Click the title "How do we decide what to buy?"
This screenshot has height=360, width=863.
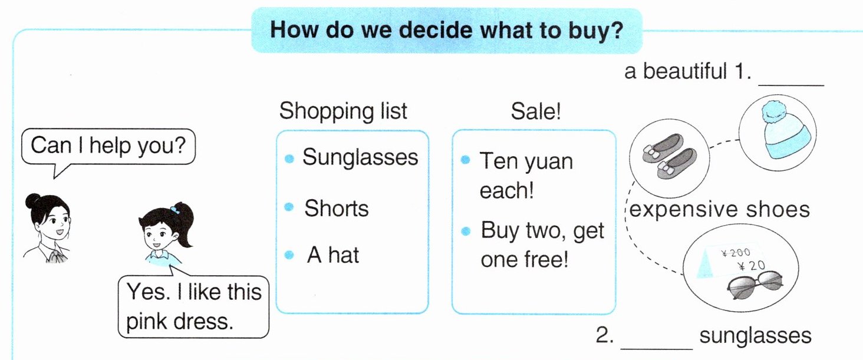446,30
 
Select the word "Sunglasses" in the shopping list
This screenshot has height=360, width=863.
360,157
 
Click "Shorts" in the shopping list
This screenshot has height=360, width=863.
337,209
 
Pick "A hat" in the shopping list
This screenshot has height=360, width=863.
333,255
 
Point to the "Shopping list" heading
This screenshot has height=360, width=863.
343,111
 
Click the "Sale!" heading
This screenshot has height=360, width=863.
535,112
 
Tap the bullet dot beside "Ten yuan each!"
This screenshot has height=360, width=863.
466,160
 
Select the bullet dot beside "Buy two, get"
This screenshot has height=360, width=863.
466,231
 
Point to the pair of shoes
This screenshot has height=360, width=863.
670,156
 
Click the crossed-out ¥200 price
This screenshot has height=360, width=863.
736,253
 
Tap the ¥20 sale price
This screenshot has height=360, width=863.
751,265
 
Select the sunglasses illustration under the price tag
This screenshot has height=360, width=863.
755,285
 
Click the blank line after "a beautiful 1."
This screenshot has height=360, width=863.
791,85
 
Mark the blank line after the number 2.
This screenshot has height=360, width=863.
657,349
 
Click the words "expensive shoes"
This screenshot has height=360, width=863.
719,209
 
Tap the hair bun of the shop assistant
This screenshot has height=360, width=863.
33,201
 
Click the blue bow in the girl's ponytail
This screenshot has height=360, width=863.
176,210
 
